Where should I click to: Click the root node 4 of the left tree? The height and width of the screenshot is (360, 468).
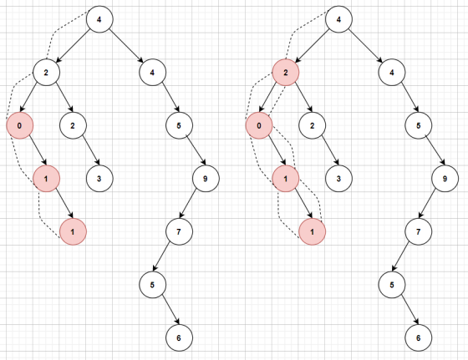click(x=99, y=19)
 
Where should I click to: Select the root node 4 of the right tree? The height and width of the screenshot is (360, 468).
click(x=338, y=19)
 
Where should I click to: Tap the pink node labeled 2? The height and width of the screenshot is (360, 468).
click(x=286, y=73)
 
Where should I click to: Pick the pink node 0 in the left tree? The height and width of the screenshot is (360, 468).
click(x=20, y=125)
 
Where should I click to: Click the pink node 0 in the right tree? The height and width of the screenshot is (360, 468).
click(x=259, y=125)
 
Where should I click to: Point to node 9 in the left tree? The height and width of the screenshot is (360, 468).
click(x=206, y=179)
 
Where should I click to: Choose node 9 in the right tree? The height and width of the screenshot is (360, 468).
click(x=445, y=179)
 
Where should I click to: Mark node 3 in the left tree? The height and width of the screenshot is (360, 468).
click(x=99, y=179)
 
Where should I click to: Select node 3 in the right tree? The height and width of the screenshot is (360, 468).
click(x=338, y=179)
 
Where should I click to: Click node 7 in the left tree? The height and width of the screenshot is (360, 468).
click(x=179, y=231)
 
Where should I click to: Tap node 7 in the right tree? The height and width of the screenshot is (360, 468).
click(x=418, y=231)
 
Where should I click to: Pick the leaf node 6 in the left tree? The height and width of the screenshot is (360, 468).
click(x=179, y=338)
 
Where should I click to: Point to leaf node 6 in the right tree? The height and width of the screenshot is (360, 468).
click(x=418, y=338)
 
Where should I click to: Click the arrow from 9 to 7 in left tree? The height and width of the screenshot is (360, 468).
click(x=188, y=204)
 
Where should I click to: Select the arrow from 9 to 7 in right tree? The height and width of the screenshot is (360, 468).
click(x=427, y=204)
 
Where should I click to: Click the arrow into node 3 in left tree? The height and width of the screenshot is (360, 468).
click(x=91, y=150)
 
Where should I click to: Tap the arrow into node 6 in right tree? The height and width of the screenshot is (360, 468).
click(x=409, y=310)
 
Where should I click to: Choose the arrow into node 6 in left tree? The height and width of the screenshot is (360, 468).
click(x=170, y=310)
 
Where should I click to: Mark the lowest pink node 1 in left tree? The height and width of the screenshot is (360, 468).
click(x=74, y=231)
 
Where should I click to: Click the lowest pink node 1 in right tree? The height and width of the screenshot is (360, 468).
click(x=313, y=231)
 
